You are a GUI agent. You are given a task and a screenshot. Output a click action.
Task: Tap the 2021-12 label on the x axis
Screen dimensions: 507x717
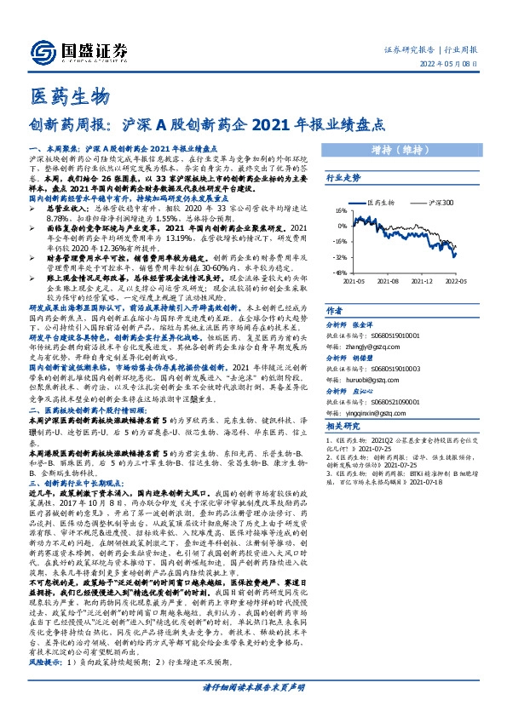(x=426, y=279)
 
